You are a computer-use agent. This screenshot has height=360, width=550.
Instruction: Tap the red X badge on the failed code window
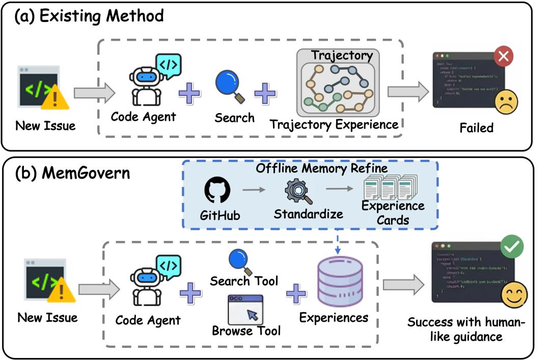click(x=503, y=56)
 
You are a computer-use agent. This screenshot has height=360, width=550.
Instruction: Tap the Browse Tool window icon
click(x=245, y=309)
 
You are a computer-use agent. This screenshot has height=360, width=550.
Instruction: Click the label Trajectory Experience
click(x=334, y=124)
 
